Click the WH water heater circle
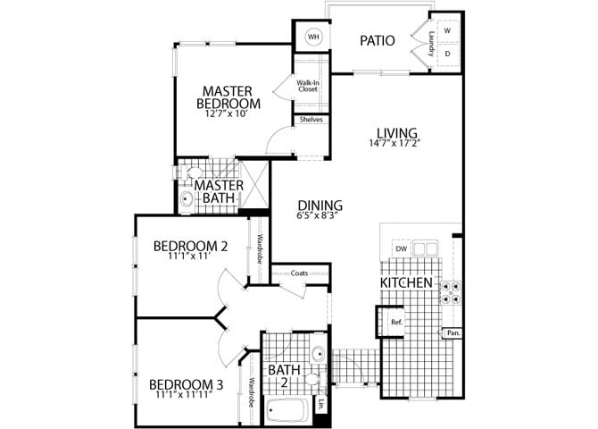pyautogui.click(x=313, y=38)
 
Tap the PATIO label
pyautogui.click(x=378, y=40)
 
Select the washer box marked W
pyautogui.click(x=447, y=31)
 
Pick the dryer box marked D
pyautogui.click(x=447, y=54)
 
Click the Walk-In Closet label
pyautogui.click(x=308, y=86)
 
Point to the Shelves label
pyautogui.click(x=311, y=120)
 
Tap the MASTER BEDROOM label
pyautogui.click(x=226, y=97)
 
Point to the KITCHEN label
pyautogui.click(x=407, y=283)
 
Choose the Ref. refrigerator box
pyautogui.click(x=396, y=322)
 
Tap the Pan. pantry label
pyautogui.click(x=453, y=333)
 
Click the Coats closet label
pyautogui.click(x=299, y=273)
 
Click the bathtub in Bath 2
pyautogui.click(x=287, y=412)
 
